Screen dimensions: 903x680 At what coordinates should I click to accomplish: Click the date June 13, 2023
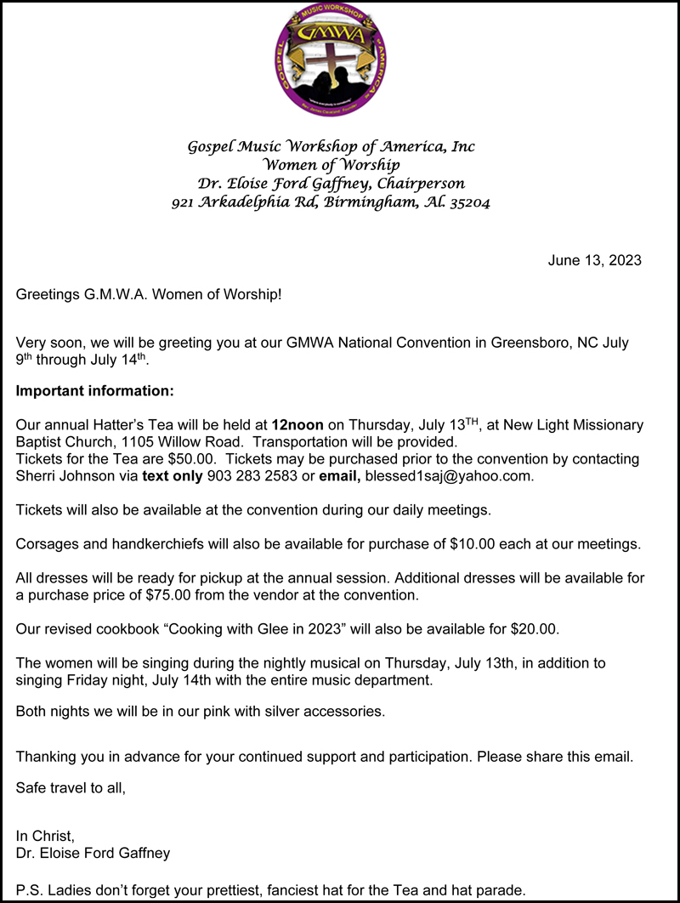coord(594,260)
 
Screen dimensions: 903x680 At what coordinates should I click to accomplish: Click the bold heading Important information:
coord(94,391)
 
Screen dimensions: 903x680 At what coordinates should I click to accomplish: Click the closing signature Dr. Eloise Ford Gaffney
coord(93,853)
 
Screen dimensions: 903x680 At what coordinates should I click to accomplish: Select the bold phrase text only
coord(173,476)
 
